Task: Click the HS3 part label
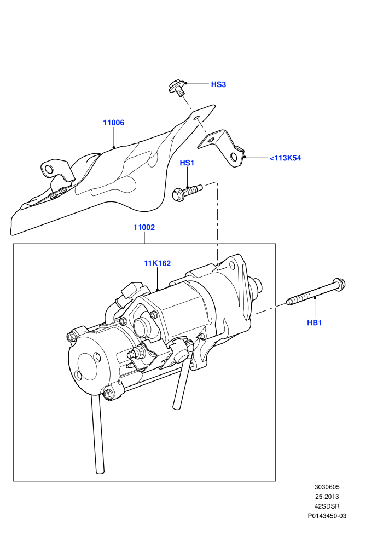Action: (x=218, y=84)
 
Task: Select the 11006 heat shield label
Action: (x=114, y=123)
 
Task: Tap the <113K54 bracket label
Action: (x=285, y=158)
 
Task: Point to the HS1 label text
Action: (x=187, y=163)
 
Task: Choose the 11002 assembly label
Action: (x=144, y=227)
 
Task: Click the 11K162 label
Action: (x=157, y=263)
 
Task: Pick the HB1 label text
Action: (x=314, y=323)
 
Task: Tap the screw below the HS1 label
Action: (x=187, y=192)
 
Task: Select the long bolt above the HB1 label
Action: (x=316, y=291)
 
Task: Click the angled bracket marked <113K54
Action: (x=222, y=148)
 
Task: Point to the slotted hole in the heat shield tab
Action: (x=197, y=118)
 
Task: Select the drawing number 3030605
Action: (x=327, y=487)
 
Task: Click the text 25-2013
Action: (x=327, y=497)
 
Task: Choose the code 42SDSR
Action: (x=327, y=506)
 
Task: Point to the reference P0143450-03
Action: (x=327, y=516)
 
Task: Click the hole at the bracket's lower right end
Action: (x=235, y=157)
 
